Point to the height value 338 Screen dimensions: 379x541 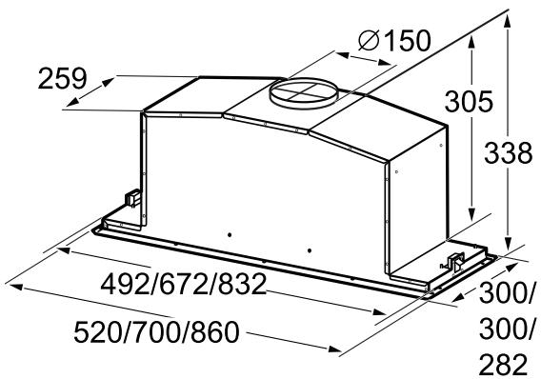506,153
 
